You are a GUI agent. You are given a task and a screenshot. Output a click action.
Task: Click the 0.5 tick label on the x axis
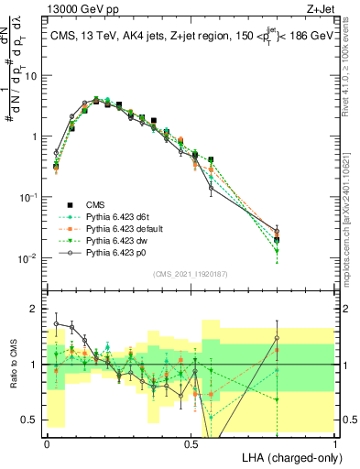pyautogui.click(x=191, y=442)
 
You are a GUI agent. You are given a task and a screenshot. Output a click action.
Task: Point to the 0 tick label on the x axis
pyautogui.click(x=47, y=442)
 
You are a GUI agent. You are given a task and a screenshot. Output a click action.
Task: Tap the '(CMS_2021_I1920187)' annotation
pyautogui.click(x=190, y=274)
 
